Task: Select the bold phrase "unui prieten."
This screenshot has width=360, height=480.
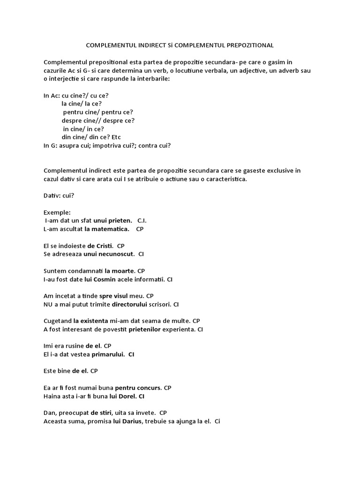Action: [x=113, y=220]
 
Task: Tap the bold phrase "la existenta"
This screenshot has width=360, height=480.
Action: [x=90, y=321]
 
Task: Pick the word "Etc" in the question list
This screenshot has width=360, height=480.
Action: [x=116, y=137]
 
